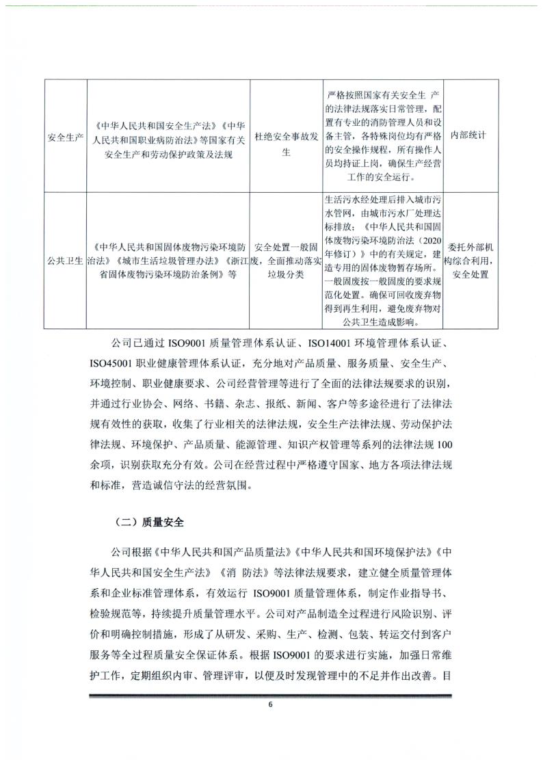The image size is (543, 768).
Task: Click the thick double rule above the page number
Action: tap(271, 696)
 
